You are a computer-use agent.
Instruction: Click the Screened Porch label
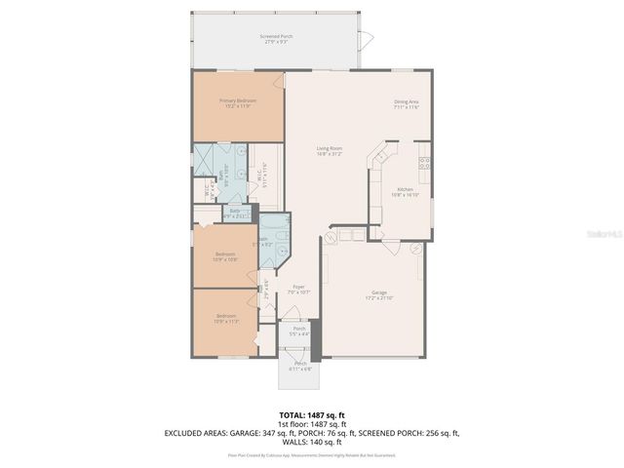point(276,38)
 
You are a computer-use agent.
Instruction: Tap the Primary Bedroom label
point(238,102)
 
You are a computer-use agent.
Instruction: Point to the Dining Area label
point(407,103)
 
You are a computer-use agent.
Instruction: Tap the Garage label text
point(378,294)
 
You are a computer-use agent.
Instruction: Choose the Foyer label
point(298,289)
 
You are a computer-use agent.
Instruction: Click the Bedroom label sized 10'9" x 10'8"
point(226,256)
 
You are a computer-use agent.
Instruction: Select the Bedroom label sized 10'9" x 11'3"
point(226,319)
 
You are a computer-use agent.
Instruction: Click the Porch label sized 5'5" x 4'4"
point(300,331)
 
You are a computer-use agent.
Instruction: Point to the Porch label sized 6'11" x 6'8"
point(300,367)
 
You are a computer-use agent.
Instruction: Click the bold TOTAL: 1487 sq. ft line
point(312,415)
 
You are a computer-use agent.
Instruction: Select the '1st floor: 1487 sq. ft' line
point(312,424)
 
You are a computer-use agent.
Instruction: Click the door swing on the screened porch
point(367,40)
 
